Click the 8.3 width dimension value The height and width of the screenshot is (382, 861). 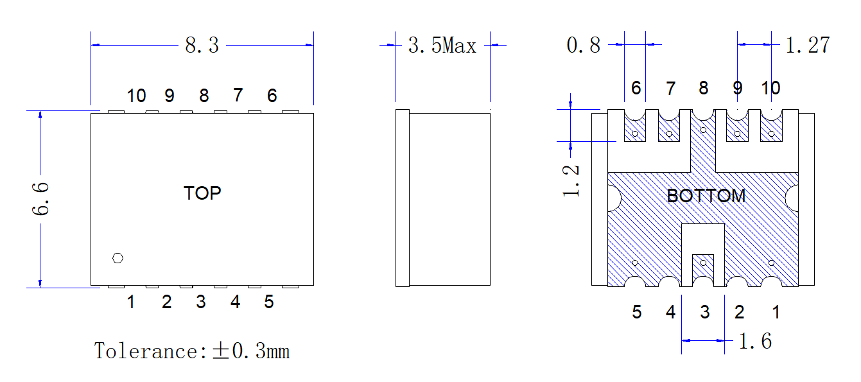(202, 45)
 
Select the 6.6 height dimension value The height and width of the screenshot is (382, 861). (40, 198)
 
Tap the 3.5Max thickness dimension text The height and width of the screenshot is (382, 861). (442, 45)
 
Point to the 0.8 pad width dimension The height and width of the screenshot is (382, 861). (583, 45)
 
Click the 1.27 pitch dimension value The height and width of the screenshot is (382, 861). (808, 45)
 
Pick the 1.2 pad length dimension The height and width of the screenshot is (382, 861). (571, 181)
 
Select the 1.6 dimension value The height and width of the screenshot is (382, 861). (755, 341)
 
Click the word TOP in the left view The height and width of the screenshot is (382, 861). (202, 193)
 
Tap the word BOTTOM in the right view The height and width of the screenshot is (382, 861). (706, 196)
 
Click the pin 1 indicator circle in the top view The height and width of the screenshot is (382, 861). (117, 258)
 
